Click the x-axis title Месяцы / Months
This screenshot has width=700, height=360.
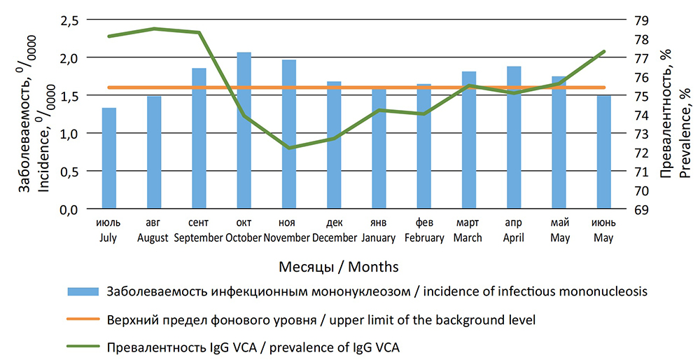339,267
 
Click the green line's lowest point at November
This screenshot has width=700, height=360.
289,148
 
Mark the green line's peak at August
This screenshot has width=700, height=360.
154,29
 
